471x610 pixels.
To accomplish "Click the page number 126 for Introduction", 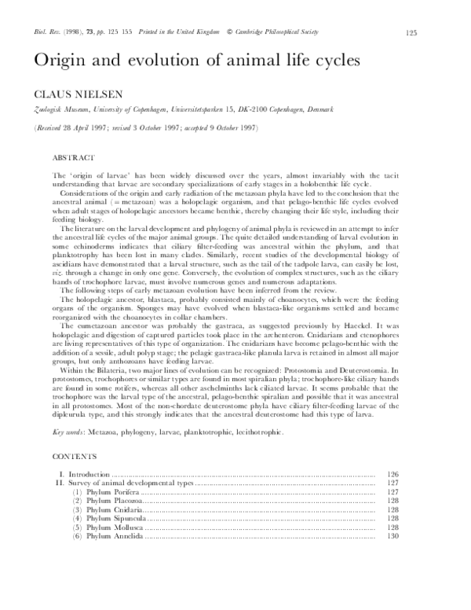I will (394, 474).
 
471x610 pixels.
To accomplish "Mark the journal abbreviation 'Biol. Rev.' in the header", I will (46, 32).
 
